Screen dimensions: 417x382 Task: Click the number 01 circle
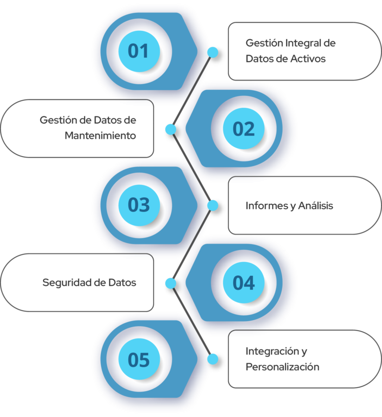138,51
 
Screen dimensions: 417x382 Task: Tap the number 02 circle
244,129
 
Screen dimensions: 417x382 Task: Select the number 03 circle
138,205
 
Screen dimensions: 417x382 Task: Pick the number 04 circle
244,283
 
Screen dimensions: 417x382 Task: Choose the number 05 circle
138,360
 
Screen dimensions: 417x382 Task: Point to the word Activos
308,59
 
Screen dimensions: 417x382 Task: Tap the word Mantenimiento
100,136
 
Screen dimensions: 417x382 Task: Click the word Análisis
315,206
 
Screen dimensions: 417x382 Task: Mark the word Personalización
282,367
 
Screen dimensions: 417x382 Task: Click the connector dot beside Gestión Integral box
213,52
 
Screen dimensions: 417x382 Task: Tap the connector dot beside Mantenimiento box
171,129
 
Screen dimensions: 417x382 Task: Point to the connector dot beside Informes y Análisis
213,205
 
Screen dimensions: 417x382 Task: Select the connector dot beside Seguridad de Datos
171,283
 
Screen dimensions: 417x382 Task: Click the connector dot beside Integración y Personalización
213,359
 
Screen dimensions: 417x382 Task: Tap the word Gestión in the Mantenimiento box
58,120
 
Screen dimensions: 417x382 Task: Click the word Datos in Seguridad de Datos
122,283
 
